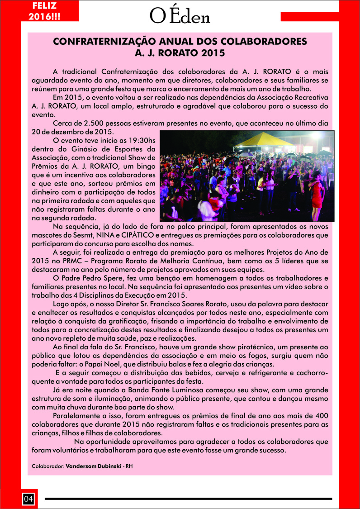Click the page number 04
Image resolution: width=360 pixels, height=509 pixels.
[x=28, y=499]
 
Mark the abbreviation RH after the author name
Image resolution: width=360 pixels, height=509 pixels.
[x=129, y=466]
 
